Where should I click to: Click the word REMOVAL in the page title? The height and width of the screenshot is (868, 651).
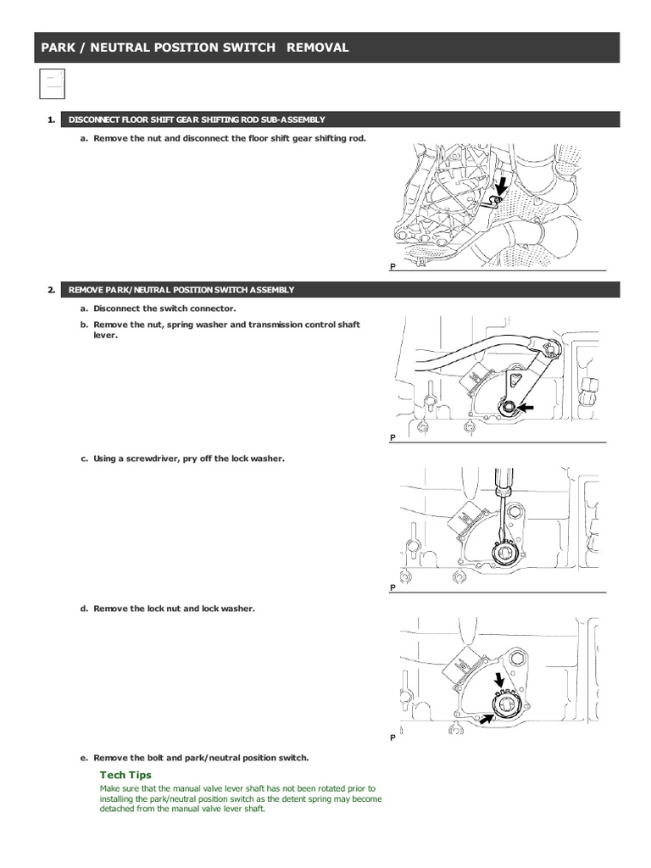click(x=318, y=47)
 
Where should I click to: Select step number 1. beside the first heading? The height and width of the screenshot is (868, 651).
click(x=52, y=120)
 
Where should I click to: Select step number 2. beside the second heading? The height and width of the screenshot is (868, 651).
click(x=52, y=290)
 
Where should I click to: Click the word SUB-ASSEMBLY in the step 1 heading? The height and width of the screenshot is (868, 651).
click(x=295, y=120)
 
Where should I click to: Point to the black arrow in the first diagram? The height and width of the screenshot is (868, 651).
click(x=503, y=185)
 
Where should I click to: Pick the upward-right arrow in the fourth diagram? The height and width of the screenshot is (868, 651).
click(x=489, y=718)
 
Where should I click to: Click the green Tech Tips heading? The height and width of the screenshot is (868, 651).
click(x=125, y=775)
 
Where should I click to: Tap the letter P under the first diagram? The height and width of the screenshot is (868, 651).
click(x=393, y=266)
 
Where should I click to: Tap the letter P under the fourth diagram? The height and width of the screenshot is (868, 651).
click(x=393, y=737)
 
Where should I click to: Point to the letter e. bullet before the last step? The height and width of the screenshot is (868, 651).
click(x=84, y=758)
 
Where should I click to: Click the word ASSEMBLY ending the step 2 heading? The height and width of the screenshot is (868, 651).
click(x=273, y=290)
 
